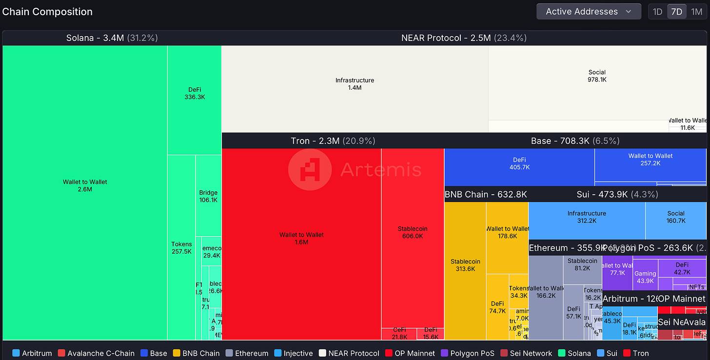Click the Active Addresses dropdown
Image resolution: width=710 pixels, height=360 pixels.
588,12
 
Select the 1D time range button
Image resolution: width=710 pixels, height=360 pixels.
657,12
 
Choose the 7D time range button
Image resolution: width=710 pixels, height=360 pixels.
677,12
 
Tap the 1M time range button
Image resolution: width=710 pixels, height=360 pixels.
697,12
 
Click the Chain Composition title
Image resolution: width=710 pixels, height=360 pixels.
47,12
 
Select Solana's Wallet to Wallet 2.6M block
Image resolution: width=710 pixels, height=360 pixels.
85,185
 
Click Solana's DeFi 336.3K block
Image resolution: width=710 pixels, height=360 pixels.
195,93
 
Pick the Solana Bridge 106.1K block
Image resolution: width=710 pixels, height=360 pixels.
208,196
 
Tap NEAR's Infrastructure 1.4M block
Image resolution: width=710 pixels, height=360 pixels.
355,84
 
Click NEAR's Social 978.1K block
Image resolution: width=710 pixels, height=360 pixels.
597,76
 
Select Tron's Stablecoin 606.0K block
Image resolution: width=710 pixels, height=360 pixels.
413,232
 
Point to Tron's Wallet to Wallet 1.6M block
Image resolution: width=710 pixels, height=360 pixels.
301,238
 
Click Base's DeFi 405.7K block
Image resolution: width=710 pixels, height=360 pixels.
519,163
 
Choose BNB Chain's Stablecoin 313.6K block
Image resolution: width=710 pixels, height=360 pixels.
465,265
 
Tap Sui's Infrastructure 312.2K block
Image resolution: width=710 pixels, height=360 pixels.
587,217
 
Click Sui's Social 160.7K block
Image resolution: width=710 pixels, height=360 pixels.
676,217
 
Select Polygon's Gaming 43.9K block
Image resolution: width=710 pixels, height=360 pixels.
645,277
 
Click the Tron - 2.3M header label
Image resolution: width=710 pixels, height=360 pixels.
333,141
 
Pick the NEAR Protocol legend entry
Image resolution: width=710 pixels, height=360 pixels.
349,353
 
